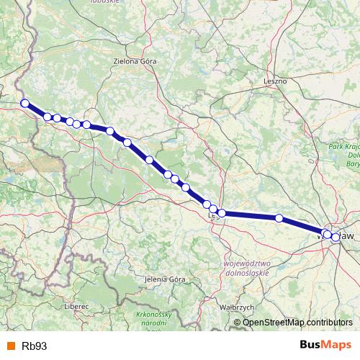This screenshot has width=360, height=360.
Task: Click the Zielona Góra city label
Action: tap(135, 62)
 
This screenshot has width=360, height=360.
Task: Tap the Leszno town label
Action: tap(275, 81)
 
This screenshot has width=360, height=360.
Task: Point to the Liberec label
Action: tap(76, 306)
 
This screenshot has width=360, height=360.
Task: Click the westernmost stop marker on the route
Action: tap(24, 103)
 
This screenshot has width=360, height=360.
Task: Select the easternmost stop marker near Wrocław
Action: tap(336, 237)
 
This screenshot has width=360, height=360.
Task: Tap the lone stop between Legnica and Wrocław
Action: tap(279, 217)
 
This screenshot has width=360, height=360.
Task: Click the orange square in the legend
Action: tap(10, 346)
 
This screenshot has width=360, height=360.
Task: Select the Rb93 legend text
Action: tap(35, 346)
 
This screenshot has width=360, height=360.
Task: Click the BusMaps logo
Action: tap(325, 345)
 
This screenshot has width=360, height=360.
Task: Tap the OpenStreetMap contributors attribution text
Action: tap(297, 322)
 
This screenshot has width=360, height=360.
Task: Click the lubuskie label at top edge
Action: tap(106, 2)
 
